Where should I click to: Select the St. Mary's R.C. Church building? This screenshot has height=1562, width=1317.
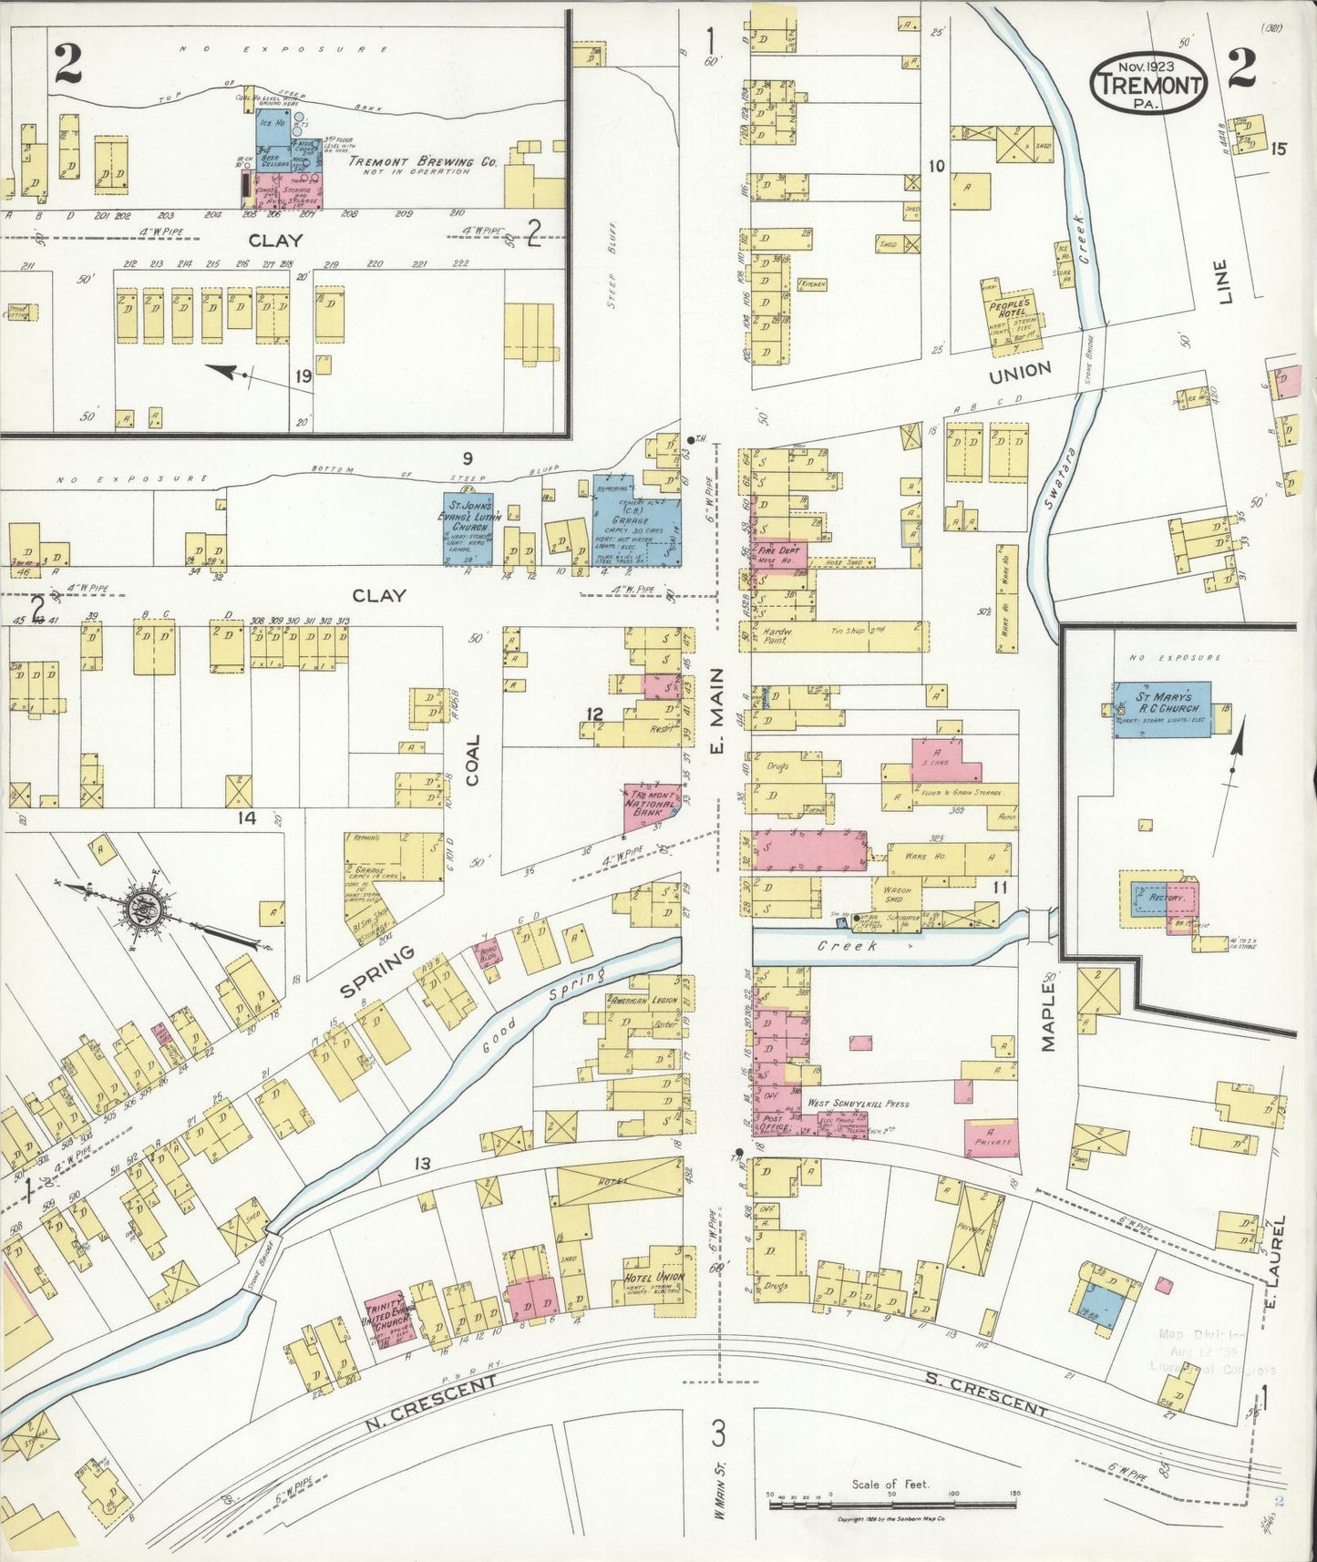click(x=1163, y=708)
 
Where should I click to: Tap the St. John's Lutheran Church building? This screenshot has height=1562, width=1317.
click(x=468, y=529)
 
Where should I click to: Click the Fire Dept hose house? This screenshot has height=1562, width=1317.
click(x=779, y=554)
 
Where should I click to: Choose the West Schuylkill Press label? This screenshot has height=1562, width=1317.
click(x=858, y=1104)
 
